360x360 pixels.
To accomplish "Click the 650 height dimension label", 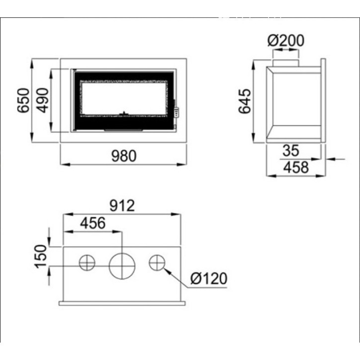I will point(23,101).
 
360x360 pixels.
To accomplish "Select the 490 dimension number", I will point(42,100).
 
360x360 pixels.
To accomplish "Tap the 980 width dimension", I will point(123,156).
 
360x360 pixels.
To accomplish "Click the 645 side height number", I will point(245,101).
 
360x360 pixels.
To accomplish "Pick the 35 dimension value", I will point(291,150).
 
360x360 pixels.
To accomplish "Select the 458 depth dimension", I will point(295,168).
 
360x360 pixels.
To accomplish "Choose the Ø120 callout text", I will point(209,278).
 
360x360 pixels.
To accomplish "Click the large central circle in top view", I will point(122,266).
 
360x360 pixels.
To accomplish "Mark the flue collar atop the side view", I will point(285,62).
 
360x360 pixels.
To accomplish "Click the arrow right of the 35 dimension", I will point(338,159).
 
